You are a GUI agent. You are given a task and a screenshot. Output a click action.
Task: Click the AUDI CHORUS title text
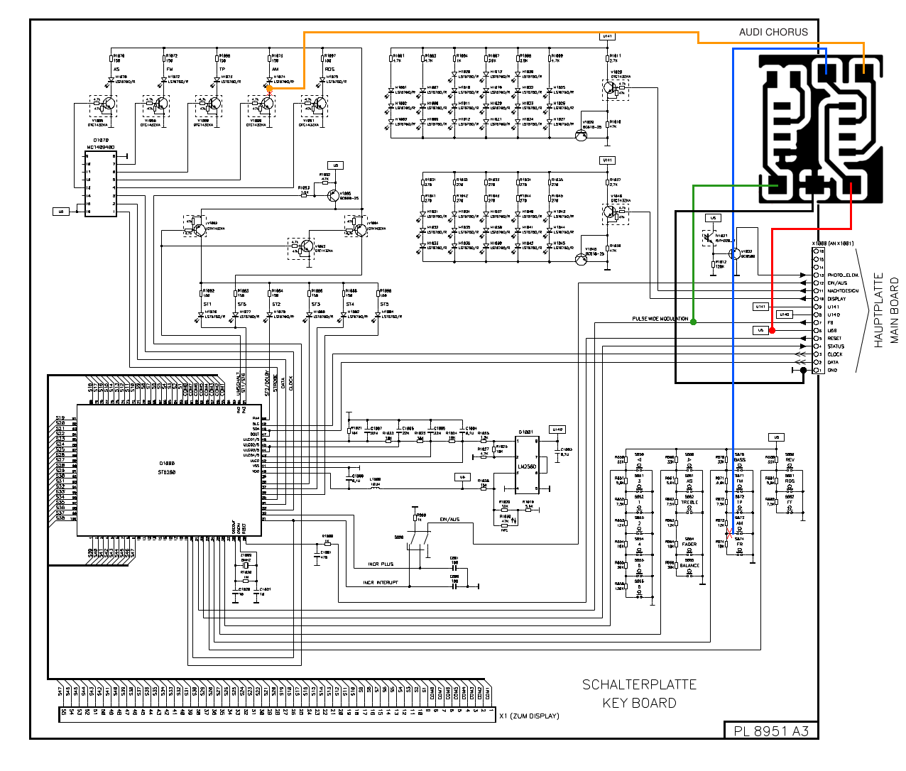coord(773,32)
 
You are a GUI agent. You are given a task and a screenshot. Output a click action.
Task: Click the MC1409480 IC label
coord(100,148)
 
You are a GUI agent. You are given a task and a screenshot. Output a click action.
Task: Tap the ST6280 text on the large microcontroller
coord(167,471)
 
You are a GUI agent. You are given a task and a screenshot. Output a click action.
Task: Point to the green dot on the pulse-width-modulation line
coord(693,322)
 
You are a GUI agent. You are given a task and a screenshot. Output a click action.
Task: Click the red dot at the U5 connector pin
coord(773,330)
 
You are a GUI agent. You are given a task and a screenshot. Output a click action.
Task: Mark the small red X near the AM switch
coord(729,534)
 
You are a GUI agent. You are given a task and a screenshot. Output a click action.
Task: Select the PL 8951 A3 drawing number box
coord(771,731)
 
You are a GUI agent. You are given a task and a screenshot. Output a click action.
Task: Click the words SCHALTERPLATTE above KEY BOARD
coord(639,684)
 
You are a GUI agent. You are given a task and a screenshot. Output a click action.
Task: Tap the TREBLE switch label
coord(689,503)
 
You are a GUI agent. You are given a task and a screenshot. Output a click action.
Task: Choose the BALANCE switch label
coord(689,566)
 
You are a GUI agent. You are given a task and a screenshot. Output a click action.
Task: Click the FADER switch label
coord(689,545)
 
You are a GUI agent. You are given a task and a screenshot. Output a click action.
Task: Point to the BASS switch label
coord(740,460)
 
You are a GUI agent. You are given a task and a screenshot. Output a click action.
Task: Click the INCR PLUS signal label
coord(381,564)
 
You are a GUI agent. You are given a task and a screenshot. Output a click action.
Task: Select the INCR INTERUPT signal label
coord(381,583)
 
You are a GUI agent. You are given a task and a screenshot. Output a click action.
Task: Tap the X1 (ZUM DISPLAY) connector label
coord(529,716)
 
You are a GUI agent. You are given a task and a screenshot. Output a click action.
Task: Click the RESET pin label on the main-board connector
coord(834,339)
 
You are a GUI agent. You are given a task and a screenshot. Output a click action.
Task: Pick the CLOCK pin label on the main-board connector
coord(835,354)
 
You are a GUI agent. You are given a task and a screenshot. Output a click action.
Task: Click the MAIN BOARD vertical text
coord(894,310)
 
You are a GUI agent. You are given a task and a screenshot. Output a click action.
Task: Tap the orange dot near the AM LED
coord(269,89)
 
